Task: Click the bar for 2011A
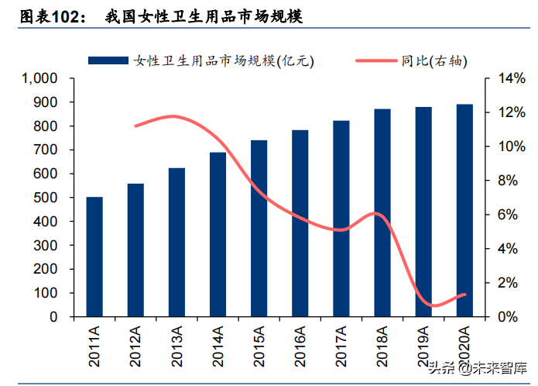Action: click(x=94, y=257)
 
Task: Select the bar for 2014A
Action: click(x=218, y=234)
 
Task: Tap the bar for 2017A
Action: click(x=341, y=219)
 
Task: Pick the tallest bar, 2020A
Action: click(x=464, y=210)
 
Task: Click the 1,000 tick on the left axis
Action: click(x=40, y=78)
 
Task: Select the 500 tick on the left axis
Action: click(x=47, y=198)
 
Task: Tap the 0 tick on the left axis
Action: click(x=54, y=317)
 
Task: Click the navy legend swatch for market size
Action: click(x=108, y=60)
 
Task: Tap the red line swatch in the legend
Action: click(x=375, y=60)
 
